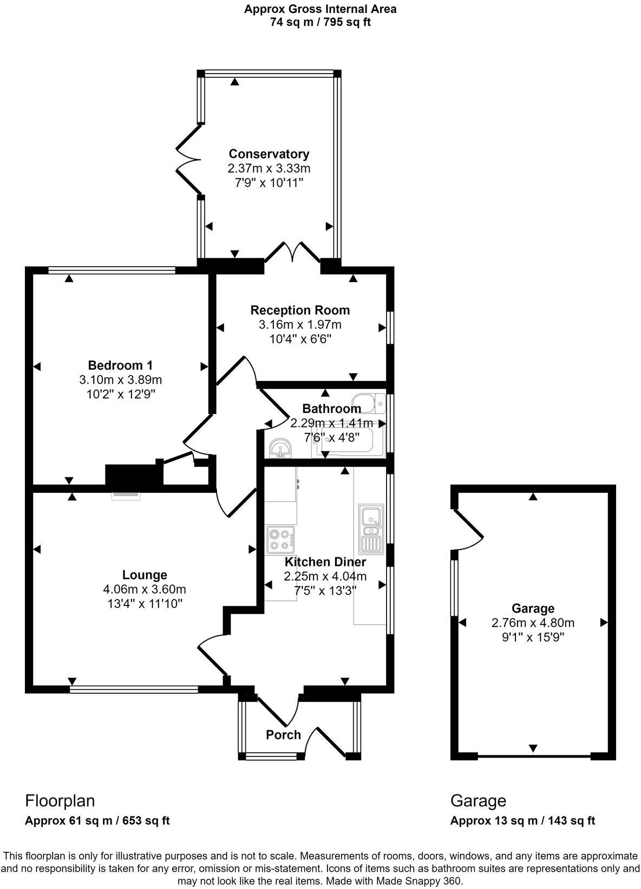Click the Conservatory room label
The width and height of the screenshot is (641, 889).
click(x=269, y=154)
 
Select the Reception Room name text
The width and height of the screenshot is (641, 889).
click(x=300, y=311)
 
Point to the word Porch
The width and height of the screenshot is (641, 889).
click(x=283, y=735)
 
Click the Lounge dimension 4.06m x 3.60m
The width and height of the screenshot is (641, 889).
click(x=144, y=589)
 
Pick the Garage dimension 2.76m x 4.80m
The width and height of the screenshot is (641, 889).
click(x=533, y=623)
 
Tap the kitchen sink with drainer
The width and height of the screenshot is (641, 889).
click(x=371, y=528)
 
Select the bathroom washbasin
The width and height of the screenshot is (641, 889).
click(x=280, y=449)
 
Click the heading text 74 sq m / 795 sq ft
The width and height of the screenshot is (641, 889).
click(x=320, y=22)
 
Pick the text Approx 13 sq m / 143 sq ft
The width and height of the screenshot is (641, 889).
click(x=522, y=821)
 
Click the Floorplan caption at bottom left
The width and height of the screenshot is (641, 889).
click(x=60, y=801)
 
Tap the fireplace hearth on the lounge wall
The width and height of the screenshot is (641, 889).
click(x=126, y=495)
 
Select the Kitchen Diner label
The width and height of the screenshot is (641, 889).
click(x=325, y=562)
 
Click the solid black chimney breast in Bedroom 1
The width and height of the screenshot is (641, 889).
click(x=134, y=475)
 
